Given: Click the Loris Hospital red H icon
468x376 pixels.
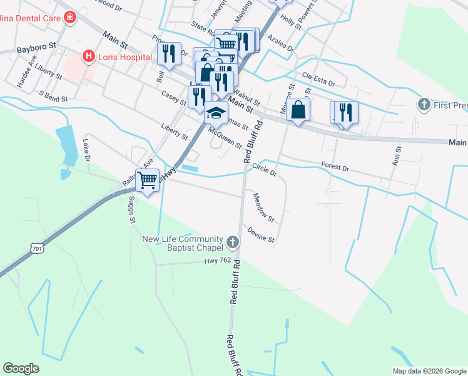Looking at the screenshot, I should (89, 56).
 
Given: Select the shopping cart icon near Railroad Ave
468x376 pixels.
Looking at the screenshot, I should (148, 180).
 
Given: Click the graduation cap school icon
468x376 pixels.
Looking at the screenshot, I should (216, 113).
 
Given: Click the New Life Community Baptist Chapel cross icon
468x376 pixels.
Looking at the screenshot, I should (233, 242).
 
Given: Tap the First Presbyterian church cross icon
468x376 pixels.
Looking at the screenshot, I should (424, 104).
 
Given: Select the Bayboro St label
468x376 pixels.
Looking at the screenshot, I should (36, 48).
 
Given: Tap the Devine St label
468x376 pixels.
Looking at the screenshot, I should (261, 235).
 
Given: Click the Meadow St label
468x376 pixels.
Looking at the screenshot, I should (263, 208).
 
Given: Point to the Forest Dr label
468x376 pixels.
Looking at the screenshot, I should (335, 165).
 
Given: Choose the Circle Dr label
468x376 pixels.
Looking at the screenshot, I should (264, 170).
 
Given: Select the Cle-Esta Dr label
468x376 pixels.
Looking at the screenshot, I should (318, 79).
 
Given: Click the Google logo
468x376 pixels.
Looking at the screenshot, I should (21, 368).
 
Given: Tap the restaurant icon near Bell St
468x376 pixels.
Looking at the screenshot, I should (168, 53).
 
